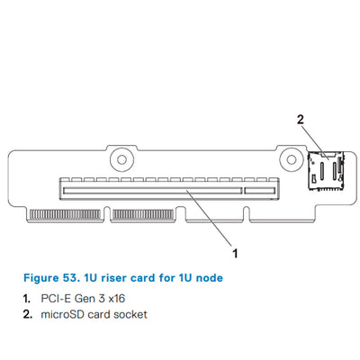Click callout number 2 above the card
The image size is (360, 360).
[x=301, y=118]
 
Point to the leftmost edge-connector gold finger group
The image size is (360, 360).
[x=67, y=216]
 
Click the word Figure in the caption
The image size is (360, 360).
[x=40, y=277]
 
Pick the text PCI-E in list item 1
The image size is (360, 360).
[x=56, y=297]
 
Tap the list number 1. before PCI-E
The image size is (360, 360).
[x=28, y=297]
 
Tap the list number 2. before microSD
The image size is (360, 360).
[x=28, y=314]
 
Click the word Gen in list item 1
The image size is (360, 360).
[x=86, y=297]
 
